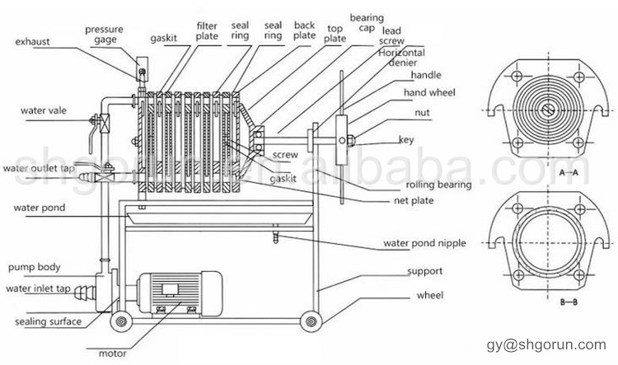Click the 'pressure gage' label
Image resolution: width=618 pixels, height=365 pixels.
104,35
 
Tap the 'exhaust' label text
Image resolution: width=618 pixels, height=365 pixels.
33,42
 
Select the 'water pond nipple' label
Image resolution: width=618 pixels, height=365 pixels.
424,243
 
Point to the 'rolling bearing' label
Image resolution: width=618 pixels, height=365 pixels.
438,185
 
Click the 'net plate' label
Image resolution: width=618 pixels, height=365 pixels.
414,201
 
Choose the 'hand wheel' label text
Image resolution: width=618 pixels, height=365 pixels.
429,92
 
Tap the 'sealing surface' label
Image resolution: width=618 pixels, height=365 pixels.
48,321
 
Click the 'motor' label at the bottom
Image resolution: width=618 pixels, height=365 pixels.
112,353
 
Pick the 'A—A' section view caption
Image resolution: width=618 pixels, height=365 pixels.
569,172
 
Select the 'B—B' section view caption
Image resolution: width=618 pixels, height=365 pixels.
569,302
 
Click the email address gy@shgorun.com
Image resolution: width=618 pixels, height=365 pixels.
546,344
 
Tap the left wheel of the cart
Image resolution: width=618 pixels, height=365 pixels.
120,321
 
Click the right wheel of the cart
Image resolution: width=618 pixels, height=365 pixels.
311,321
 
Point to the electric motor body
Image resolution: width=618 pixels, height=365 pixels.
179,293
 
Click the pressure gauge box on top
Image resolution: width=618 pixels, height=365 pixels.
142,69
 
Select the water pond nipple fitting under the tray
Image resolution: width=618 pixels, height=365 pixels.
275,235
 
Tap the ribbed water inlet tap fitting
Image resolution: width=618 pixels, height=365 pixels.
84,292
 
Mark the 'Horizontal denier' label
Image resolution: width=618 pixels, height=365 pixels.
402,58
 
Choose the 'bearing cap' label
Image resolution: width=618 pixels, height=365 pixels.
367,22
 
